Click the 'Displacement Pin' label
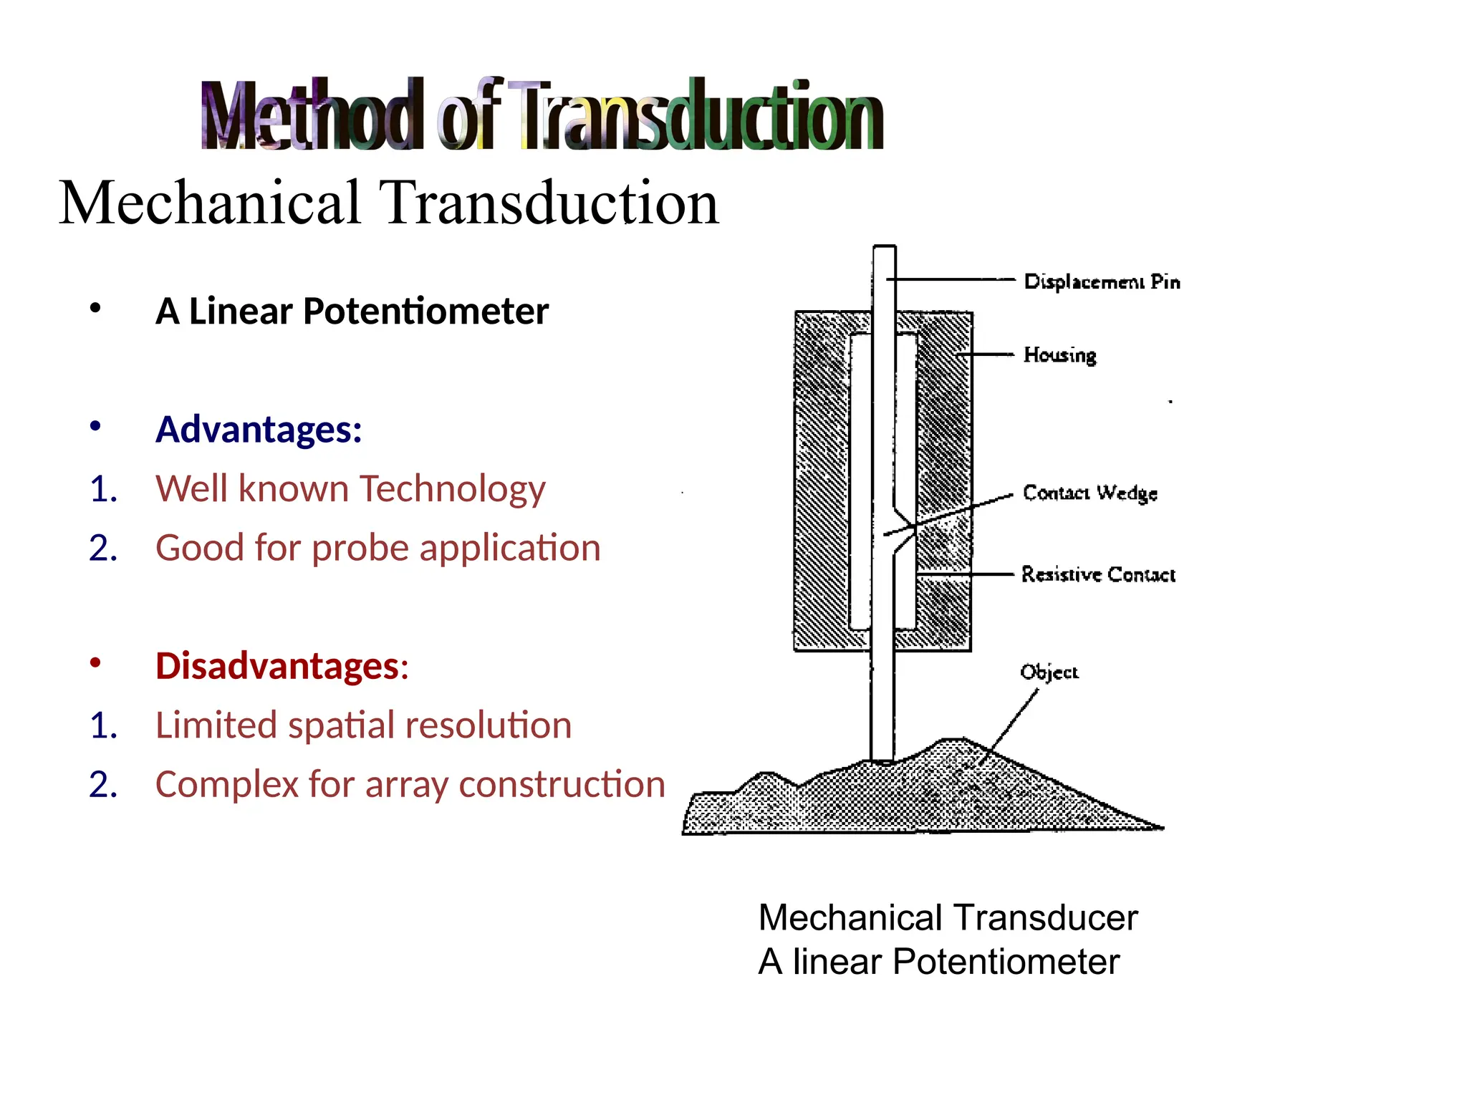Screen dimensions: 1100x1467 click(1102, 281)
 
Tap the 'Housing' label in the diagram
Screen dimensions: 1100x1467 click(1059, 355)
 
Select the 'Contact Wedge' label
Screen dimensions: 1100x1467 click(1090, 493)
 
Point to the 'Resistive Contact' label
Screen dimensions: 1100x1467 click(1098, 574)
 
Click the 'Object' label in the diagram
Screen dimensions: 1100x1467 click(1049, 672)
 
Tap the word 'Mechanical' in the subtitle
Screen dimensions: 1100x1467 click(210, 203)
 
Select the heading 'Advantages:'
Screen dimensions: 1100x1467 click(259, 429)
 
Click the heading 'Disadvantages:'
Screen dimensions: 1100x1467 click(282, 665)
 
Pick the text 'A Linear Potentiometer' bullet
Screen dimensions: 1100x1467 click(352, 311)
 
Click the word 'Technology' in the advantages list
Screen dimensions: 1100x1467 click(452, 489)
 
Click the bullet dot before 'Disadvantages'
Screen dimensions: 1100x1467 click(95, 662)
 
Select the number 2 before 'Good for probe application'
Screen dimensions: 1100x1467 click(103, 549)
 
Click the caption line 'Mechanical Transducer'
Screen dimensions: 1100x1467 click(948, 917)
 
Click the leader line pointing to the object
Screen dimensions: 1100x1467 click(1009, 727)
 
